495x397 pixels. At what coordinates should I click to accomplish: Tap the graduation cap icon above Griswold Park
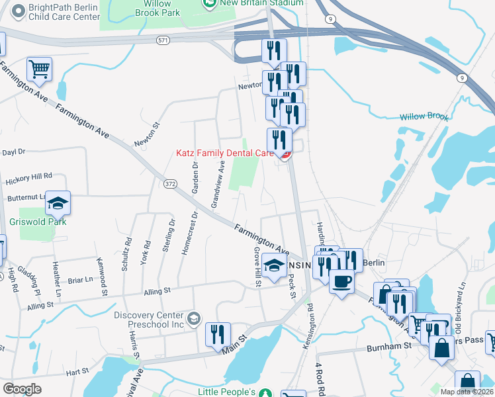point(58,203)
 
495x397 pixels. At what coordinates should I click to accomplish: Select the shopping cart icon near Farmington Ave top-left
point(40,69)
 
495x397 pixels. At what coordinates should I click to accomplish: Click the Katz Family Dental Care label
point(224,152)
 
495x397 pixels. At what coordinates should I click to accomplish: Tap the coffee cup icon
point(341,282)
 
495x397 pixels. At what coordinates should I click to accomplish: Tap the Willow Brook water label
point(424,117)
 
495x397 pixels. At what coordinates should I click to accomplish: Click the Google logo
point(22,389)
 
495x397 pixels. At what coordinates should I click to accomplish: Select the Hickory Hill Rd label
point(28,177)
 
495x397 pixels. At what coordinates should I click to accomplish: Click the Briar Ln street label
point(80,280)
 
